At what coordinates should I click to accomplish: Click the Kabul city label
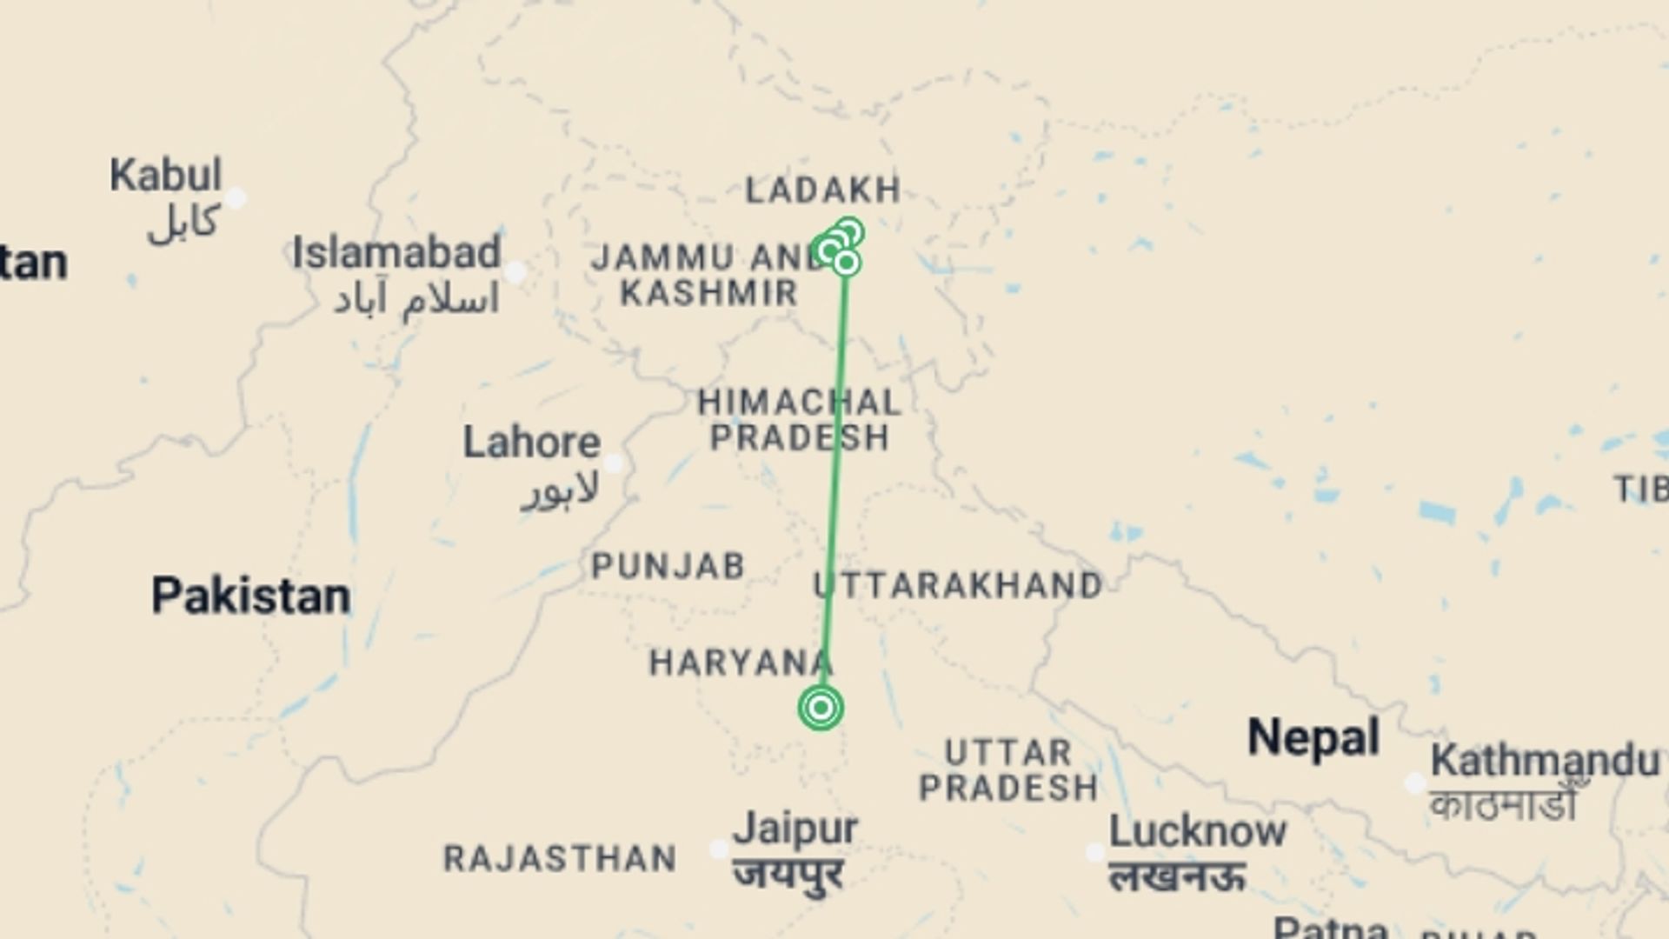coord(165,176)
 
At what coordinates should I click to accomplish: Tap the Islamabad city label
coord(396,253)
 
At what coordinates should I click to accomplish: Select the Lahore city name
coord(531,443)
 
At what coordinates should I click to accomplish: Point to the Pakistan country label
coord(251,596)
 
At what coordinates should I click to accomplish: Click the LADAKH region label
coord(822,190)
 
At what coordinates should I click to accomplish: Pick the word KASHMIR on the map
coord(708,293)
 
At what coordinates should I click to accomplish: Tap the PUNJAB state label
coord(668,567)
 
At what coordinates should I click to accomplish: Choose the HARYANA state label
coord(741,663)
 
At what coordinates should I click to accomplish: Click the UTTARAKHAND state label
coord(958,585)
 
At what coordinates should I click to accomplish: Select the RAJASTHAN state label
coord(560,859)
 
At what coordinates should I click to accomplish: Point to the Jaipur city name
coord(795,828)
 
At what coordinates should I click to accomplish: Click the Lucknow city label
coord(1197,832)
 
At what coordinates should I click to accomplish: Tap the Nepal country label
coord(1313,738)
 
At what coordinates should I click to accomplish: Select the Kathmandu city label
coord(1545,761)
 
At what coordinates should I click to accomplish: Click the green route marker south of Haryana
coord(821,708)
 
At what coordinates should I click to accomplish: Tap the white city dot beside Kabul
coord(236,199)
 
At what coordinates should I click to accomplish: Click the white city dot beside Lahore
coord(614,463)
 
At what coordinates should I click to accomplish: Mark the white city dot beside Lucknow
coord(1095,853)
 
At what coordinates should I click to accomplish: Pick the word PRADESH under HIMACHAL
coord(800,437)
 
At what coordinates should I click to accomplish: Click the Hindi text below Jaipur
coord(788,872)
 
